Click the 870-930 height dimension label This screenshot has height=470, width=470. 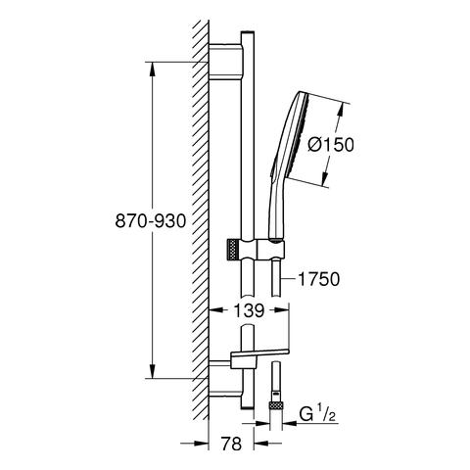[151, 221]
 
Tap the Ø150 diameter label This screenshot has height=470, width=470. [331, 144]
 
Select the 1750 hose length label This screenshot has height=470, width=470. [319, 279]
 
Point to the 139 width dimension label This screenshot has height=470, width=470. [249, 310]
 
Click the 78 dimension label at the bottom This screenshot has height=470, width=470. [231, 444]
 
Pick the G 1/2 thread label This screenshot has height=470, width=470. [317, 415]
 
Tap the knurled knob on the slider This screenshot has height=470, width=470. [231, 250]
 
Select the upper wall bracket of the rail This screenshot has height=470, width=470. [225, 62]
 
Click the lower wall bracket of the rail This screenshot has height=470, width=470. [225, 379]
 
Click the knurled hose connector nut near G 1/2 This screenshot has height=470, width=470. [276, 405]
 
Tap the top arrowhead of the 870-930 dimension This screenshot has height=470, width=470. [152, 70]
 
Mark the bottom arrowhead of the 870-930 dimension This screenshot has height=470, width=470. [152, 371]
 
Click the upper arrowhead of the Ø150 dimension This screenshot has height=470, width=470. [340, 110]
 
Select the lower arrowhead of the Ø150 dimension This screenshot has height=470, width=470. [324, 179]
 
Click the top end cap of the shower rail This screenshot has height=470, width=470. [248, 32]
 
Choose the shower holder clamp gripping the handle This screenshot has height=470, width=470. [271, 250]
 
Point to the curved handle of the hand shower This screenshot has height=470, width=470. [276, 209]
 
